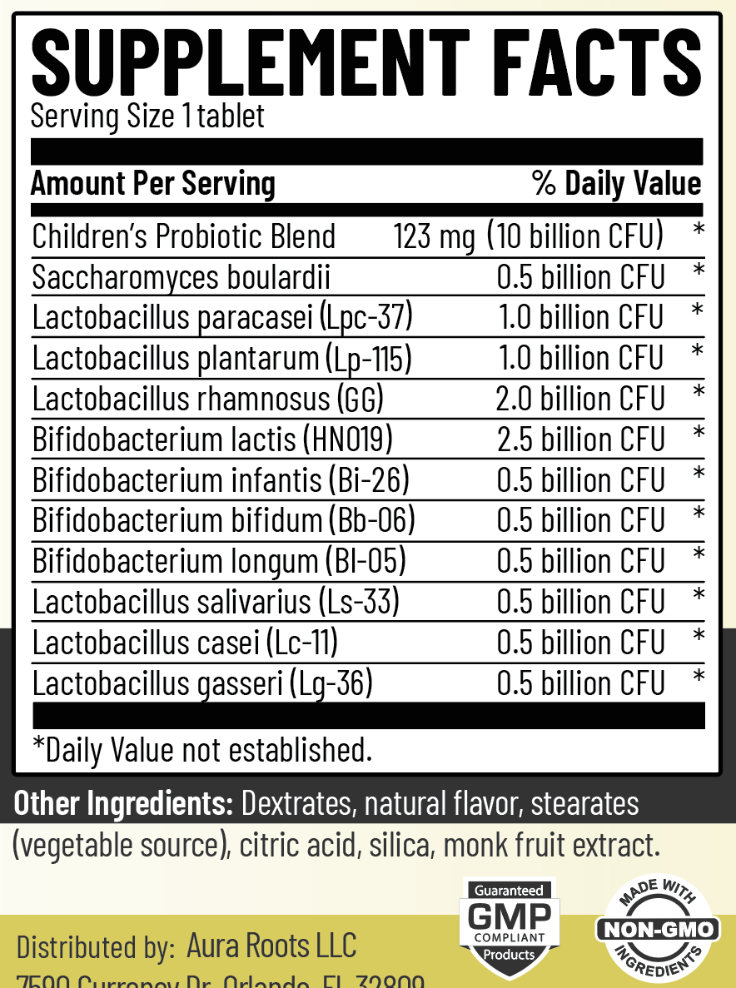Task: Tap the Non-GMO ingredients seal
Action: [657, 929]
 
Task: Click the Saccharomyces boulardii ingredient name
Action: [182, 277]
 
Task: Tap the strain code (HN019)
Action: [348, 439]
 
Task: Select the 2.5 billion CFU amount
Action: [580, 439]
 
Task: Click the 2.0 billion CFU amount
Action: [580, 399]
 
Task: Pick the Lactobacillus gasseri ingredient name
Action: [157, 684]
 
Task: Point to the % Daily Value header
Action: [616, 183]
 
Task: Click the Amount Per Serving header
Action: [153, 183]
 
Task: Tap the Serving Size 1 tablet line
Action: [147, 116]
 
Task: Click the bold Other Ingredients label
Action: [124, 804]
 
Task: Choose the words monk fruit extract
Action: [551, 846]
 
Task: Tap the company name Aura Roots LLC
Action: [271, 946]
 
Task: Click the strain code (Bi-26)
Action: [368, 480]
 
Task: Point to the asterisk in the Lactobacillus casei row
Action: [699, 637]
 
